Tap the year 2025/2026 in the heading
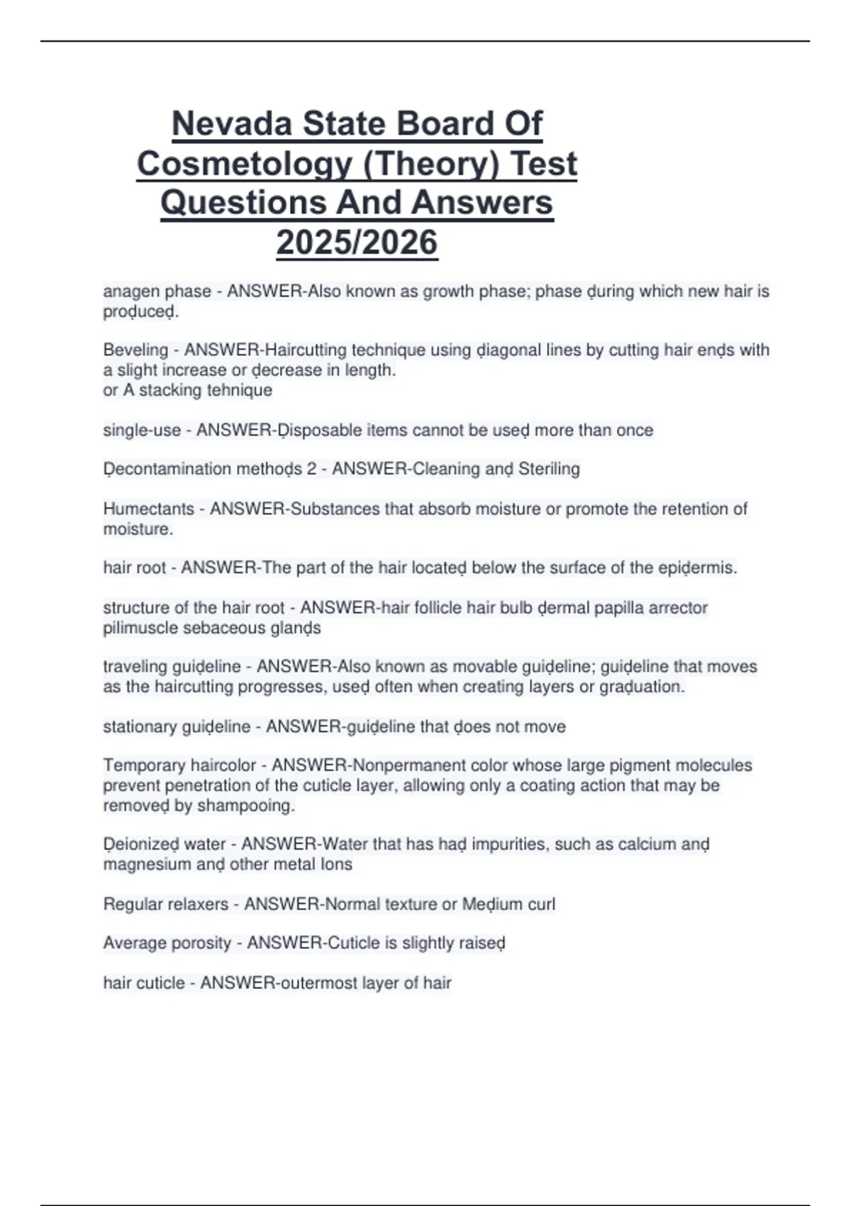tap(357, 242)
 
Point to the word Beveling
tap(135, 350)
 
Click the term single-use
tap(142, 430)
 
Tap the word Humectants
tap(148, 509)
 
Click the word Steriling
tap(549, 469)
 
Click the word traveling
tap(131, 667)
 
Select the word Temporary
tap(140, 765)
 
